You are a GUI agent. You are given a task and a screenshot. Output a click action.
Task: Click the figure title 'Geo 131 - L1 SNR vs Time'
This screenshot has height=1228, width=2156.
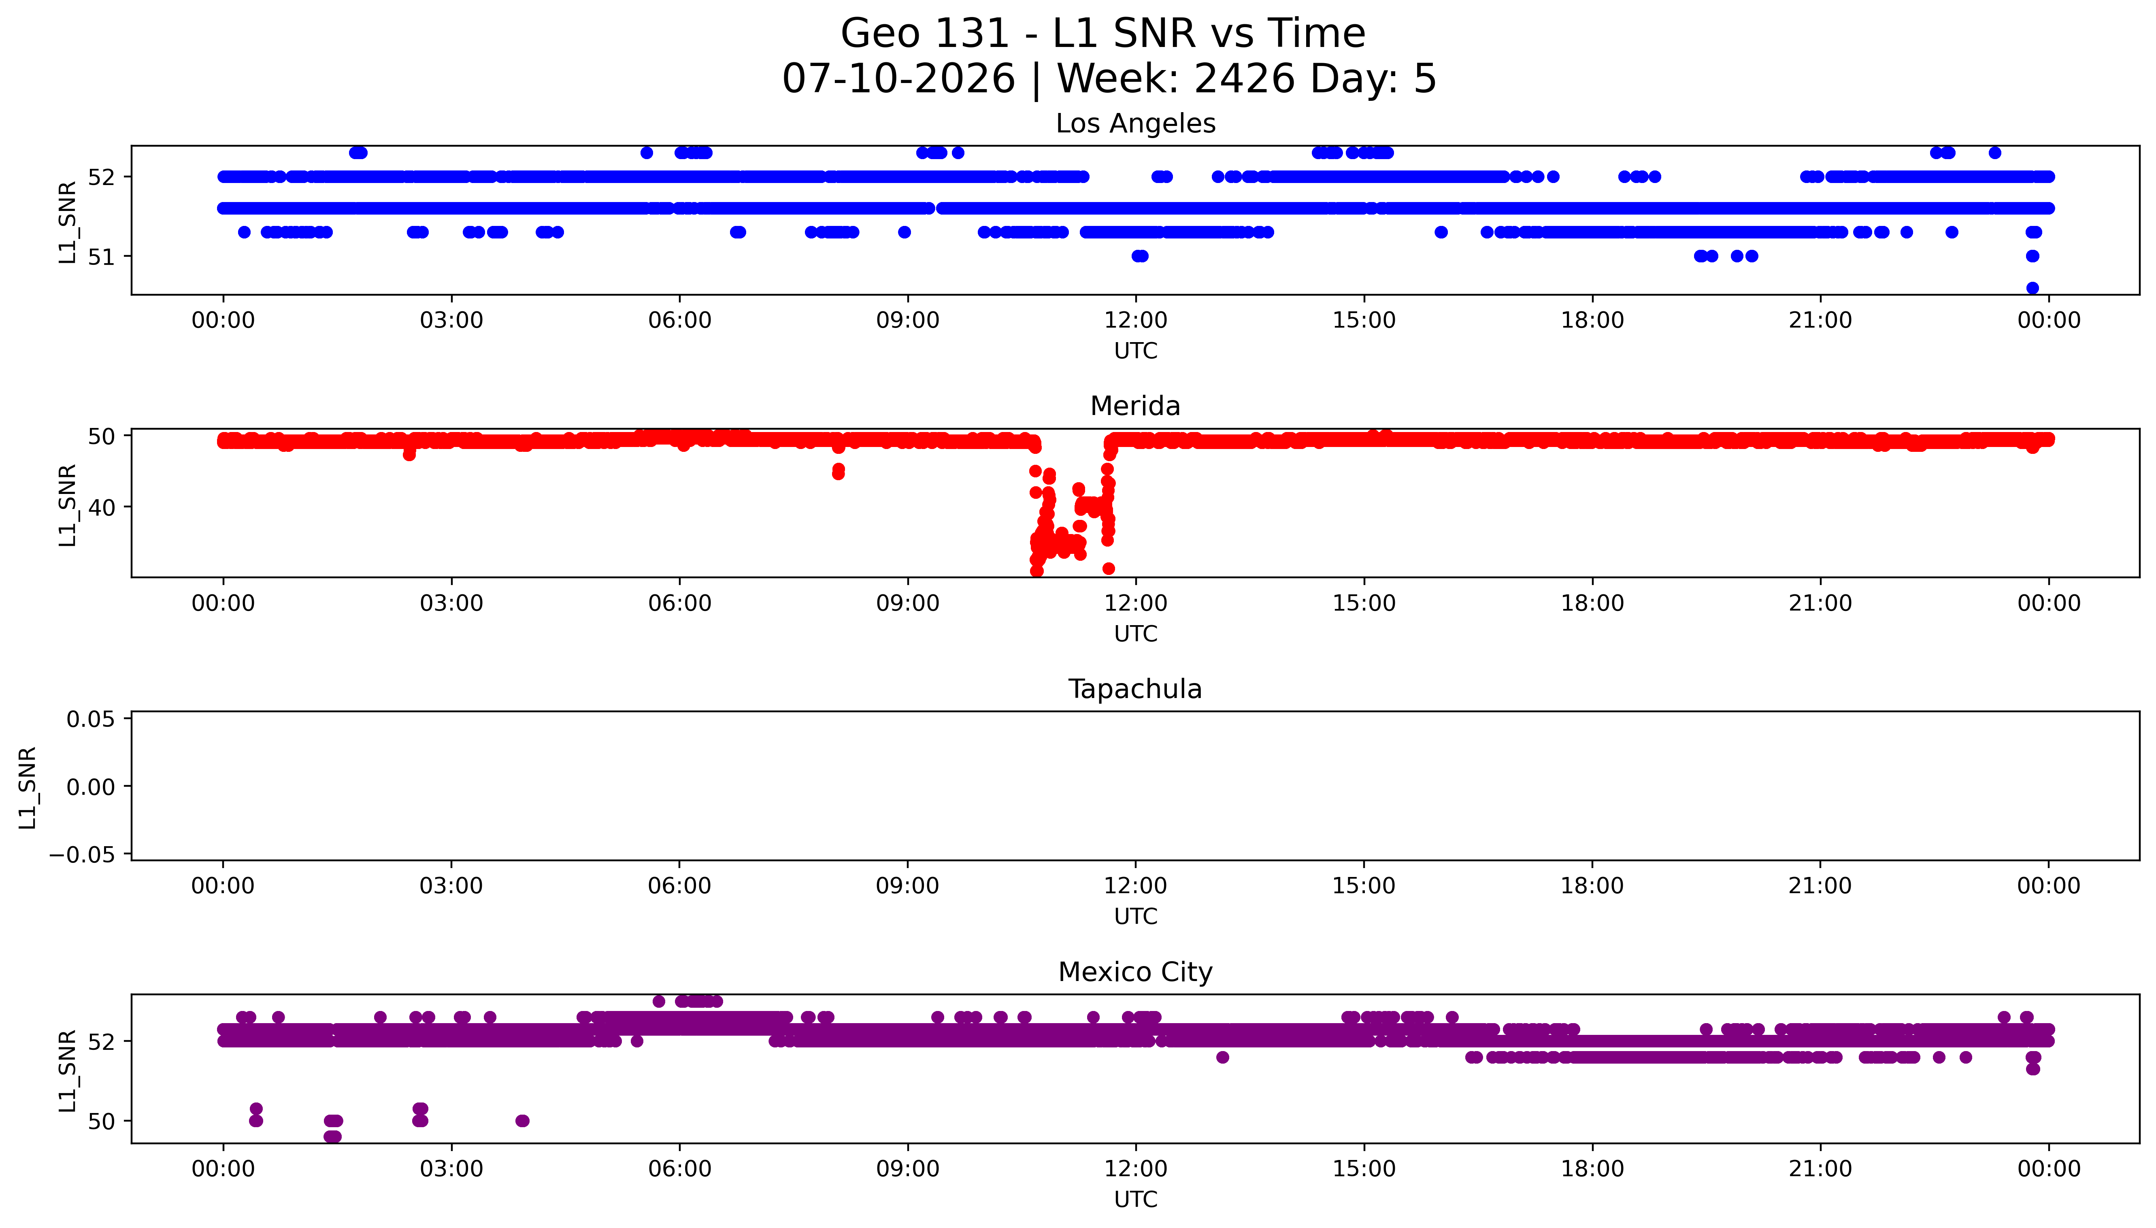tap(1103, 34)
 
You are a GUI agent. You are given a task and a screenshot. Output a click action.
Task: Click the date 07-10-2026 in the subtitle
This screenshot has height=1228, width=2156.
tap(899, 79)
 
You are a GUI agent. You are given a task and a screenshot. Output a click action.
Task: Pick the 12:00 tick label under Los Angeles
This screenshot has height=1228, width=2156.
tap(1136, 321)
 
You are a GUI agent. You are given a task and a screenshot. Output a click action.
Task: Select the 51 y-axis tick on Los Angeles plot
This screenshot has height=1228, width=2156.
tap(101, 256)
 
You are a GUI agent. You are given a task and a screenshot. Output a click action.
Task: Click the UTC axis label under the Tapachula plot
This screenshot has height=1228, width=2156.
tap(1136, 917)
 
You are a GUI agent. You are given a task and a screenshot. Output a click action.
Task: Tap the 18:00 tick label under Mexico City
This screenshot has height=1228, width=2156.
tap(1592, 1169)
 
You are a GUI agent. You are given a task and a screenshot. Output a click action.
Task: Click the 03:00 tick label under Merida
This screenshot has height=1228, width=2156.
tap(451, 603)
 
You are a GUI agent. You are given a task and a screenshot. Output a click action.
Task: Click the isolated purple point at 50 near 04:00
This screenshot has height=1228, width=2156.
tap(522, 1121)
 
